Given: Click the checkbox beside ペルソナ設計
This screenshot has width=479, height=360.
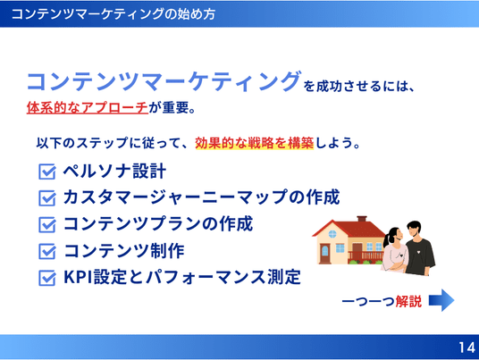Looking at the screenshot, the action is point(47,172).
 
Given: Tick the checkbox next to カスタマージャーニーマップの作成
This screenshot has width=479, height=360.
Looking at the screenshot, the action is point(47,197).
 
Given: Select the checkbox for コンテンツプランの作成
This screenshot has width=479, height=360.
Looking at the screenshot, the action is point(47,224).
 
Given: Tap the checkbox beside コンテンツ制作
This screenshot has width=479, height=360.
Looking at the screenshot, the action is point(47,251).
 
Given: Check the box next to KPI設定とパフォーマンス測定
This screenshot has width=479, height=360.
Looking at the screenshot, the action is point(47,278).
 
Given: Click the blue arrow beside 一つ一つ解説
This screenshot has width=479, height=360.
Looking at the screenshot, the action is point(441,300).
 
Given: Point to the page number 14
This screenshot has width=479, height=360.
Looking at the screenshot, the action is point(466,347).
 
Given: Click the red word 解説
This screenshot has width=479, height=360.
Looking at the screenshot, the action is point(408,301).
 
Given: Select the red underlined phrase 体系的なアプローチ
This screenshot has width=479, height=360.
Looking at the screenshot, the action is point(88,107).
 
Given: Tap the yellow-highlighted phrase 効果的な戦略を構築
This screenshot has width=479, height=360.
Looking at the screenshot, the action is point(255,143).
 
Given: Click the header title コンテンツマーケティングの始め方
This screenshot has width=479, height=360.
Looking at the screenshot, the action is point(113,14).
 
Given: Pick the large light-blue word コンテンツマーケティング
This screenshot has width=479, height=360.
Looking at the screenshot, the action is point(164,81).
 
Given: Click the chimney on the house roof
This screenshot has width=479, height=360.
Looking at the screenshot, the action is point(362,219).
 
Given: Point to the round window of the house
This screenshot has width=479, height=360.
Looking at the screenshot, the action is point(332,234).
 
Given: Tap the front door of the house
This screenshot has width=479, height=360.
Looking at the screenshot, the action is point(325,254).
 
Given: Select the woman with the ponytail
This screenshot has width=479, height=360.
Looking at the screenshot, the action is point(395,250).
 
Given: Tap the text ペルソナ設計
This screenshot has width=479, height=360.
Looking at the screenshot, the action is point(114,171).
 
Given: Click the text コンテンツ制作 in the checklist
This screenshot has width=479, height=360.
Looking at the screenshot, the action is point(124,251).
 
